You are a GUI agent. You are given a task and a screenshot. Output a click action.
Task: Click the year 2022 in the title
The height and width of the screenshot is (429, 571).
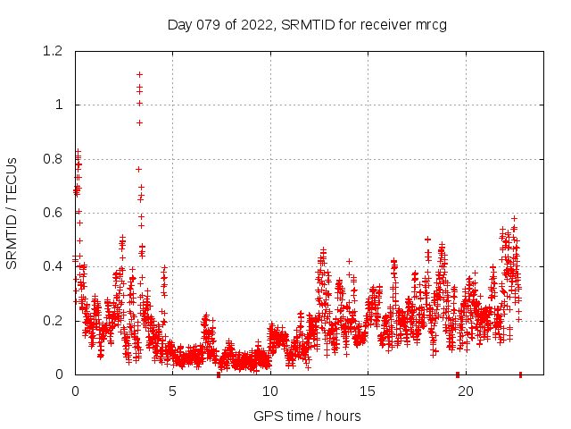259,24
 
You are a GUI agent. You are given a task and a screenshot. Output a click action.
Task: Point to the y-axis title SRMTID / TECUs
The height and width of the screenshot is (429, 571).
12,213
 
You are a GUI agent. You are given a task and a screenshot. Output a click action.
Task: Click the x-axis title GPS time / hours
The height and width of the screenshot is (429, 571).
307,416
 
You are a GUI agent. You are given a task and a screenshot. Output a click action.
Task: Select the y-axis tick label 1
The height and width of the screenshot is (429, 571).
61,105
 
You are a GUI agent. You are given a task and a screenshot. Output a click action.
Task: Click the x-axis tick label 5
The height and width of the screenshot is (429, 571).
172,391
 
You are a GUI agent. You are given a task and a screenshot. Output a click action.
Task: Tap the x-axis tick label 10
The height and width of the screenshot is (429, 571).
269,391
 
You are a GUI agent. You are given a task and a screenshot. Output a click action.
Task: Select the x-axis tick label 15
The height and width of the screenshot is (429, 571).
367,391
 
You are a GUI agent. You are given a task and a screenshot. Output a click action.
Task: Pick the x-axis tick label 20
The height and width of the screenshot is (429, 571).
464,391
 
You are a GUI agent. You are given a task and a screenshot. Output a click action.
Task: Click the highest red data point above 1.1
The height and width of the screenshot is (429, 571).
139,74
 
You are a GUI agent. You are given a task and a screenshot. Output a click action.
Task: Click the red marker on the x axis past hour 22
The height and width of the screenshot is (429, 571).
520,374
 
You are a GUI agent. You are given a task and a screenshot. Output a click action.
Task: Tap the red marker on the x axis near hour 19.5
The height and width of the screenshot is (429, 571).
458,374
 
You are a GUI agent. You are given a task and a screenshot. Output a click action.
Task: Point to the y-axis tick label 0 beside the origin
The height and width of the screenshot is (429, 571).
61,374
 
